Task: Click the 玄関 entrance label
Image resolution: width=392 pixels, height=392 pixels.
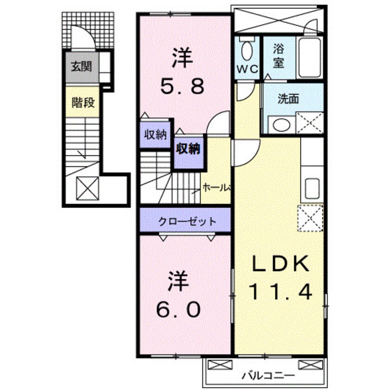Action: point(81,66)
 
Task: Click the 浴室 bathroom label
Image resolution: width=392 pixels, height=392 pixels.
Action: point(278,55)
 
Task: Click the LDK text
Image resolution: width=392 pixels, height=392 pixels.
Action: point(280,265)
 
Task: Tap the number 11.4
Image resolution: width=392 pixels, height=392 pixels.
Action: point(281,292)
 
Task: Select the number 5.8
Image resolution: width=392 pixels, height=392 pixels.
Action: point(182,86)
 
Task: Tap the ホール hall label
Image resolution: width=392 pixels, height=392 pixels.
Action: point(216,188)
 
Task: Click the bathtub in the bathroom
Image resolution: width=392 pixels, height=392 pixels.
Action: point(310,58)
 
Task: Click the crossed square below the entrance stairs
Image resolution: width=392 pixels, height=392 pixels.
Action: point(87,187)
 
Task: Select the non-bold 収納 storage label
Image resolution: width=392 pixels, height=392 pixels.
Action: point(154,135)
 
